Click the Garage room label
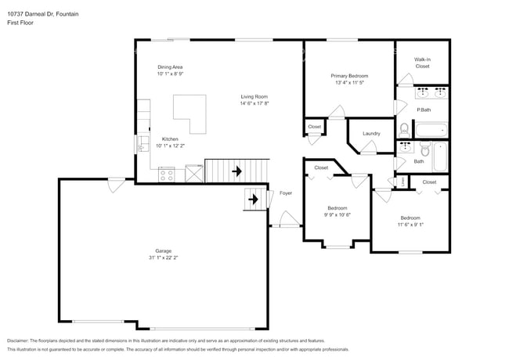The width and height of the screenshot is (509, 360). pos(163,251)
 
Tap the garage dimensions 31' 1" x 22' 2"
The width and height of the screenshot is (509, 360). pos(163,258)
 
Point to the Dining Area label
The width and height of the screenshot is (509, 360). pos(170,67)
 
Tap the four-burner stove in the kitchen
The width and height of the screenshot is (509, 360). pos(166,175)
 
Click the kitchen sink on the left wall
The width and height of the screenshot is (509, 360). pos(143,144)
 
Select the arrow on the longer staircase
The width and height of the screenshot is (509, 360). pos(235,170)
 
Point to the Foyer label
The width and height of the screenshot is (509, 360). pos(286,193)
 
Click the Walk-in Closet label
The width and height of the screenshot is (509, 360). pos(422,63)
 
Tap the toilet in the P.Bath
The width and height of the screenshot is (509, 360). pos(404,129)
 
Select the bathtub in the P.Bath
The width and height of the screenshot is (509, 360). pos(430,129)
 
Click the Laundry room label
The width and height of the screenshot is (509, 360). pos(371,133)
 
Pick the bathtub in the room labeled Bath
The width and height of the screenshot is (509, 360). pos(439,156)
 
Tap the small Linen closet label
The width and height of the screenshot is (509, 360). pos(403,182)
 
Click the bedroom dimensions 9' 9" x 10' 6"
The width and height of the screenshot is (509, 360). pos(338,214)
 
